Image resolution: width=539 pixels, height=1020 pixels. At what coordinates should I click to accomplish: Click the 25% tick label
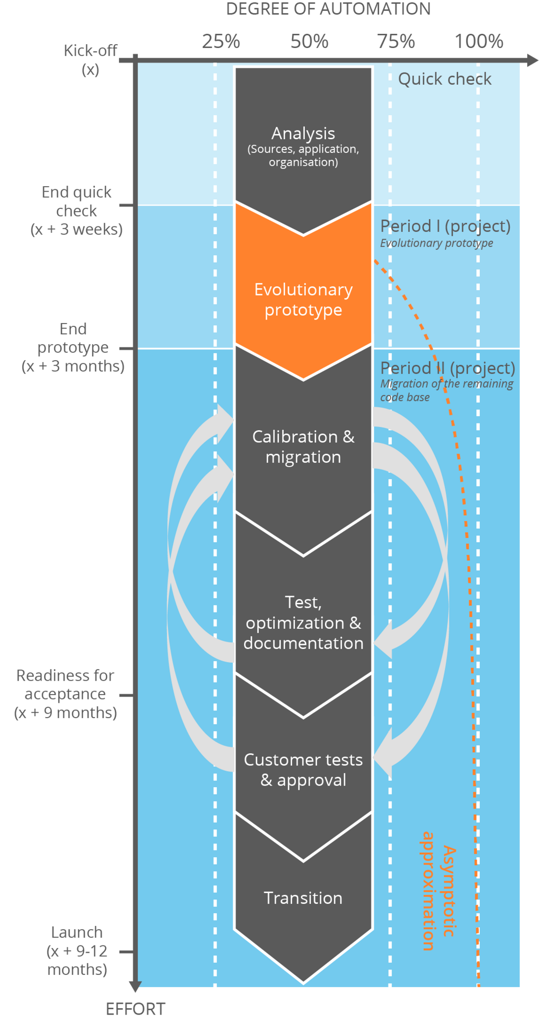(x=221, y=41)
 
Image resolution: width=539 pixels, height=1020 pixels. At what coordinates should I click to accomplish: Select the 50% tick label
(x=309, y=41)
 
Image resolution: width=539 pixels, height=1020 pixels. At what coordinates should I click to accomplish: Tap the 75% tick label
(x=396, y=41)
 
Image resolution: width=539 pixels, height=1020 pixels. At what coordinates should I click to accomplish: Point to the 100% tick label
(x=479, y=41)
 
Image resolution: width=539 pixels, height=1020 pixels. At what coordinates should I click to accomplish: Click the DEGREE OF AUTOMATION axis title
(x=328, y=9)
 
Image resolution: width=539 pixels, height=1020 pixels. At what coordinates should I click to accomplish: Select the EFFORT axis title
(x=136, y=1009)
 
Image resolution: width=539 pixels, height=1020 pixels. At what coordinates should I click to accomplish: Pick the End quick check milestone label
(x=76, y=210)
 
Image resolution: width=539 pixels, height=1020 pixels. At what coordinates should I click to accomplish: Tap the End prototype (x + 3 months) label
(x=73, y=347)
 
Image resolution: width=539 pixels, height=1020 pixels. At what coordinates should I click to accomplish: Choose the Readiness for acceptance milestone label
(x=66, y=694)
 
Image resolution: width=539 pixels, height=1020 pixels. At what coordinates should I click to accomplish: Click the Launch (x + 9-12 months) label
(x=77, y=950)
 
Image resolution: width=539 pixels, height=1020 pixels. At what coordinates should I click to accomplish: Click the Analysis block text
(x=303, y=146)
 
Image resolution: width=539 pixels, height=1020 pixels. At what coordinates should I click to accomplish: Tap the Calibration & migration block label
(x=303, y=447)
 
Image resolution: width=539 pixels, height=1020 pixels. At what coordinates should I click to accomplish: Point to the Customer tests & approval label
(x=303, y=770)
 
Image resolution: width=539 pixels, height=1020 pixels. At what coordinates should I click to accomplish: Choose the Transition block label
(x=303, y=898)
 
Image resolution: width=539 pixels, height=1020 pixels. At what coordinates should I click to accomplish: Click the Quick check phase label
(x=444, y=79)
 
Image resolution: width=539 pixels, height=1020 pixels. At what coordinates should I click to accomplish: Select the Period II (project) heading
(x=447, y=368)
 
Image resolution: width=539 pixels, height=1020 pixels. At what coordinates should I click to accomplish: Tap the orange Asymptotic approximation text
(x=438, y=891)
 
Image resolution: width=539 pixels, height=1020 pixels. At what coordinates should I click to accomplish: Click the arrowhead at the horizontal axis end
(x=533, y=60)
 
